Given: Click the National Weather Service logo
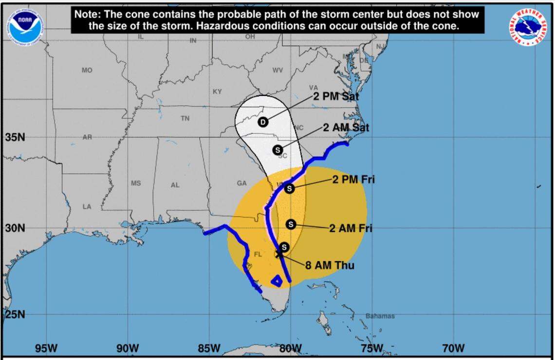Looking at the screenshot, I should coord(529,28).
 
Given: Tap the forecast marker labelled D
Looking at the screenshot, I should coord(263,122).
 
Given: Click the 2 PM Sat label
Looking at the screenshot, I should coord(336,96).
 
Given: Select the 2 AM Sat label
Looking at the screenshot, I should coord(346,128).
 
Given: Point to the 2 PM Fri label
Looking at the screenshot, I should coord(353,180).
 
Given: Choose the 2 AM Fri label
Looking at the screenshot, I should coord(351,228).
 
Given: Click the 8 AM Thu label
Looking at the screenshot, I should coord(330,265).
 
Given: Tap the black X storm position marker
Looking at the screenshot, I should coord(279,254).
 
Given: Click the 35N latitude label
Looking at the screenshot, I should coord(15,137).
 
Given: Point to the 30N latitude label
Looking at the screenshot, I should coord(15,228).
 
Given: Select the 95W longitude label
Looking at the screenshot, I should coord(47,348).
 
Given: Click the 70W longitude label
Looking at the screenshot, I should coord(453,348).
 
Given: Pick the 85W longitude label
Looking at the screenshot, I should coord(209,348).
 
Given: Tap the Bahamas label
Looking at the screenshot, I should coord(380,316).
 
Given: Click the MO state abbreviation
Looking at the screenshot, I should coord(87,71).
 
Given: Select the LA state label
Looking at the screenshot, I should coord(87,207).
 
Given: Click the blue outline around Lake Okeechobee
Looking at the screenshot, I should coord(276,280).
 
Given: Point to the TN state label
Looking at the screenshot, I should coord(185,118).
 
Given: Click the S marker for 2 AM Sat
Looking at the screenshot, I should coord(277,150).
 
